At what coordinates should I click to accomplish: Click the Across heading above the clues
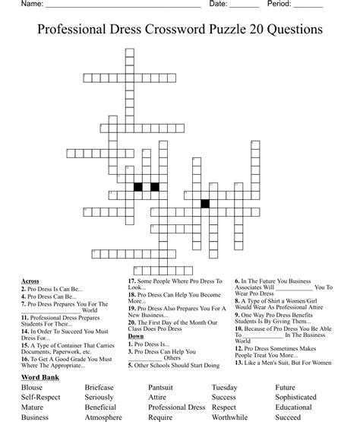click(31, 281)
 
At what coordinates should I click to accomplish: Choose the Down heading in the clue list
click(136, 335)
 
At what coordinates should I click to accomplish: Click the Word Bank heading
click(43, 378)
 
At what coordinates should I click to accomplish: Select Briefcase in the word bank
click(101, 388)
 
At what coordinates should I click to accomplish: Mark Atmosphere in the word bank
click(103, 417)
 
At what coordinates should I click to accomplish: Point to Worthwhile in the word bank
click(231, 417)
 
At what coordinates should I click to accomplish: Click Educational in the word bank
click(293, 408)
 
